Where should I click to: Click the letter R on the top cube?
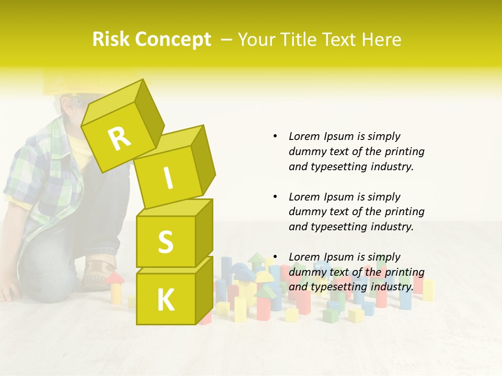120,138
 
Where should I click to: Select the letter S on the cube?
165,242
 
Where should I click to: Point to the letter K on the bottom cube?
165,300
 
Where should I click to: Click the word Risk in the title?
111,40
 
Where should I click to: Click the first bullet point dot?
275,136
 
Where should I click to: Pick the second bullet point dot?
275,197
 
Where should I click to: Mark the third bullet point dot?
275,257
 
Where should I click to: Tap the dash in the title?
227,40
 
